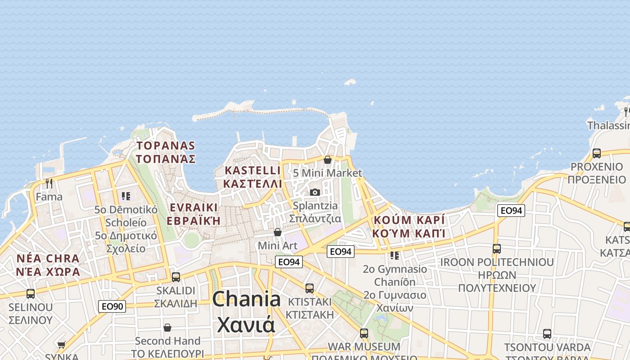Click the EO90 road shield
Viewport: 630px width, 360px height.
tap(112, 306)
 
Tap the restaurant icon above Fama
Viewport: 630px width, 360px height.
tap(49, 184)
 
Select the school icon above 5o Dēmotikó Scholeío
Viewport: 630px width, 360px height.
tap(126, 196)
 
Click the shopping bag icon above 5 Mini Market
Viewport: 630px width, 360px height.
tap(327, 160)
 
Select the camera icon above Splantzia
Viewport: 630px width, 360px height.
tap(315, 193)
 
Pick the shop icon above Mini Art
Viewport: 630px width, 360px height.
tap(278, 232)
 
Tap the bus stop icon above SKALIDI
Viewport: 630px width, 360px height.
tap(176, 277)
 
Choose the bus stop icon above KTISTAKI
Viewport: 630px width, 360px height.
tap(309, 288)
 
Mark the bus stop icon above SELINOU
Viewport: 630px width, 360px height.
tap(31, 294)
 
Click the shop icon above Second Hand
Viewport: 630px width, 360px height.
tap(167, 328)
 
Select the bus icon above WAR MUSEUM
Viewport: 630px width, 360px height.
tap(364, 333)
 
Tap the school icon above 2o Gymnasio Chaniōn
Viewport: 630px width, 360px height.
tap(395, 256)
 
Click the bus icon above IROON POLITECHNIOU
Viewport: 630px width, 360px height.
tap(497, 249)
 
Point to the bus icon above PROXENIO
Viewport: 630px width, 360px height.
tap(596, 153)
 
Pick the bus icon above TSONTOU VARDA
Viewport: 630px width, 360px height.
tap(547, 334)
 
